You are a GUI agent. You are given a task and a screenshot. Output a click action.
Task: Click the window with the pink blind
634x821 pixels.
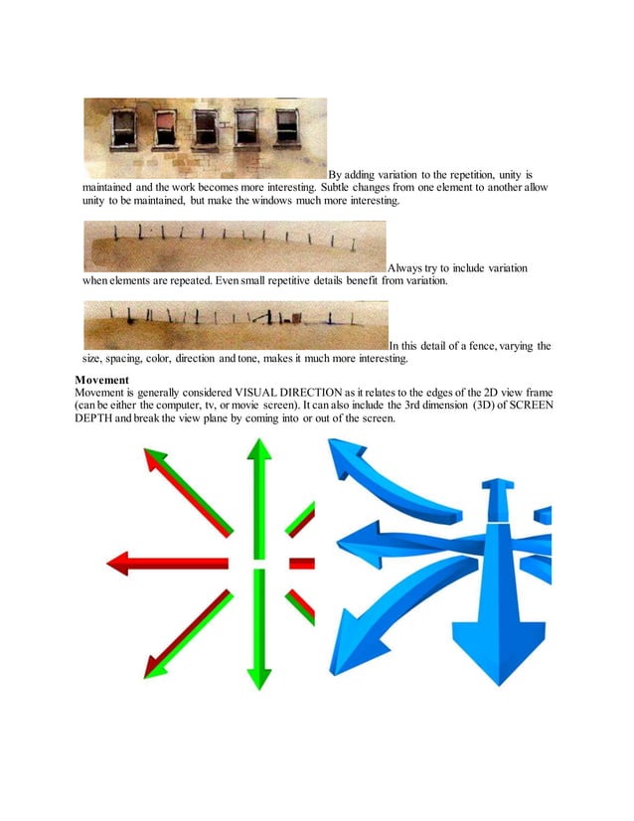(x=164, y=127)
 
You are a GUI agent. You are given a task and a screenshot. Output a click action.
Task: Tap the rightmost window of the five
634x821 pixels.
(x=287, y=126)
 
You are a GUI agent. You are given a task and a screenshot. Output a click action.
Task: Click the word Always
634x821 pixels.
(x=408, y=268)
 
